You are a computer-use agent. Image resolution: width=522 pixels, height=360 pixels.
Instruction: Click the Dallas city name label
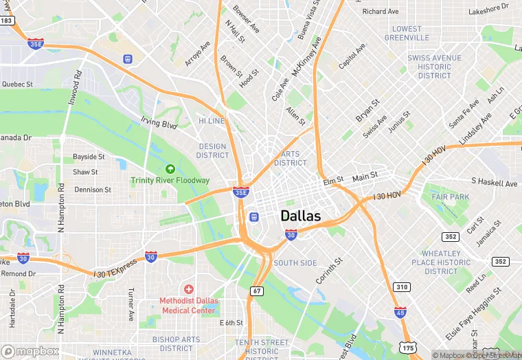coord(301,216)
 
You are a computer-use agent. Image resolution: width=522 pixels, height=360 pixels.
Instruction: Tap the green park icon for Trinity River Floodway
coord(170,169)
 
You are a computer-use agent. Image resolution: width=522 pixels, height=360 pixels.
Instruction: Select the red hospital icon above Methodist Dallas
coord(189,289)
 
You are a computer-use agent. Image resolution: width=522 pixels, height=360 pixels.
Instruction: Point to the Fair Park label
coord(451,197)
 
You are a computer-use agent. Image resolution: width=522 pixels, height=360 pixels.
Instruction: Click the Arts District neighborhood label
coord(291,159)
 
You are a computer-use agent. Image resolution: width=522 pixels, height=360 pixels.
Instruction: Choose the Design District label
coord(212,150)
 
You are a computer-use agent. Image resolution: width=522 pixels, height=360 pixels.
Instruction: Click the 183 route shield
coord(7,21)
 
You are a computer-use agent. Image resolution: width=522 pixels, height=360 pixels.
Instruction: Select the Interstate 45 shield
coord(400,313)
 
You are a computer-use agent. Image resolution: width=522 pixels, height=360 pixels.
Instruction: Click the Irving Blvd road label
coord(159,124)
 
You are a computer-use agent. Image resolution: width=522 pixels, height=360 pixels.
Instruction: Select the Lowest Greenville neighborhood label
coord(407,33)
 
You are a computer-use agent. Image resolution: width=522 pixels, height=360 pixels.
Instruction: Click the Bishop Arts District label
coord(177,344)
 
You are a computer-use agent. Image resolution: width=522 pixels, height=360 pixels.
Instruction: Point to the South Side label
coord(295,263)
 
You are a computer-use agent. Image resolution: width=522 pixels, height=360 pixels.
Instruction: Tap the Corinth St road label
coord(329,272)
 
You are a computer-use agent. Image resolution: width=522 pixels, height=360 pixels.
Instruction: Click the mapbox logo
coord(33,350)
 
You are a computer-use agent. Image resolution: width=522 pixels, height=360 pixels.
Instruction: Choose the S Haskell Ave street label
coord(494,183)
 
